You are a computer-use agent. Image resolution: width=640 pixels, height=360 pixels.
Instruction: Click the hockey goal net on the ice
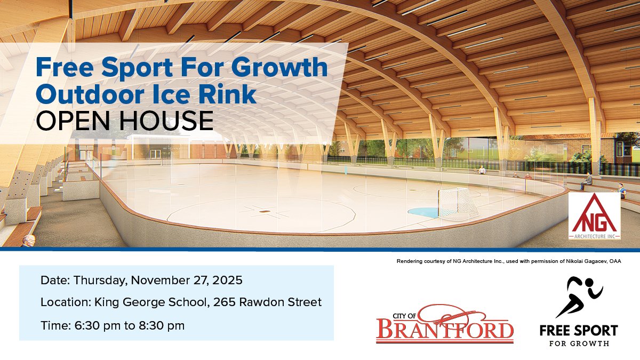458,203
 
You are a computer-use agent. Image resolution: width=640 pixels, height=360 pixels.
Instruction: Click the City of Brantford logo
445,324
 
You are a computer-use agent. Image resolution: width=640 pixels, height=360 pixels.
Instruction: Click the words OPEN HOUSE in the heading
124,121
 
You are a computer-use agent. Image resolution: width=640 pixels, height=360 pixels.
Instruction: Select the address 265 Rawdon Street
267,302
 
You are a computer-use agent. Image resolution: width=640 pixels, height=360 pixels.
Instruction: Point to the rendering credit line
508,261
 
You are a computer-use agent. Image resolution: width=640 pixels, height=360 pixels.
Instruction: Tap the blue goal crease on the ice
434,212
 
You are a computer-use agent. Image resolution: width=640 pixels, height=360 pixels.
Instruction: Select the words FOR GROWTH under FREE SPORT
579,343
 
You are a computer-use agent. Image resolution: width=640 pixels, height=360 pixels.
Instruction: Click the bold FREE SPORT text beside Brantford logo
579,331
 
